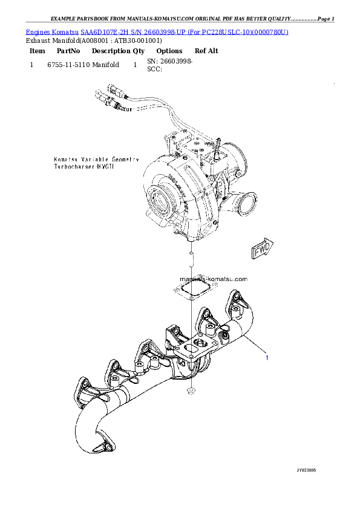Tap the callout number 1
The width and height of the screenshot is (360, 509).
(266, 357)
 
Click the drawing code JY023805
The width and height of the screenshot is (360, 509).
(306, 470)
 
